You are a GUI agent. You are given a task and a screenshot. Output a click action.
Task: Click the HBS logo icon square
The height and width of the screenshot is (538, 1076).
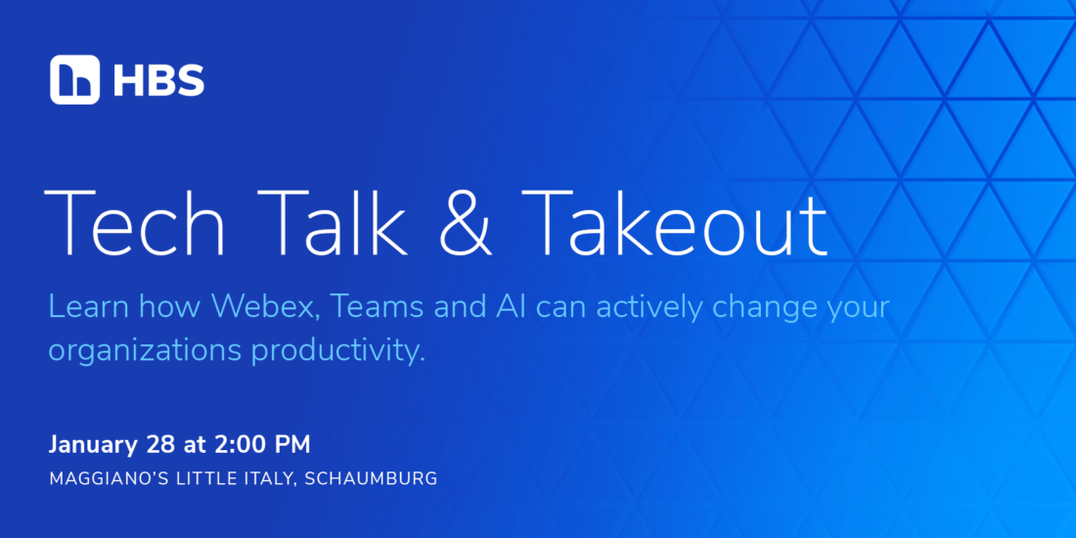tap(74, 79)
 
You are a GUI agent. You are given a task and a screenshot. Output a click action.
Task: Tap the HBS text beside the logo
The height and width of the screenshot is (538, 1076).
tap(158, 80)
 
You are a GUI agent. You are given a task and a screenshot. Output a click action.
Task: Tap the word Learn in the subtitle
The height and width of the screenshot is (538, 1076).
tap(88, 307)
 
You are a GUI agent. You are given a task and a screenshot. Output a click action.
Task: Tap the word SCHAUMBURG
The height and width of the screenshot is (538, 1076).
tap(372, 479)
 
